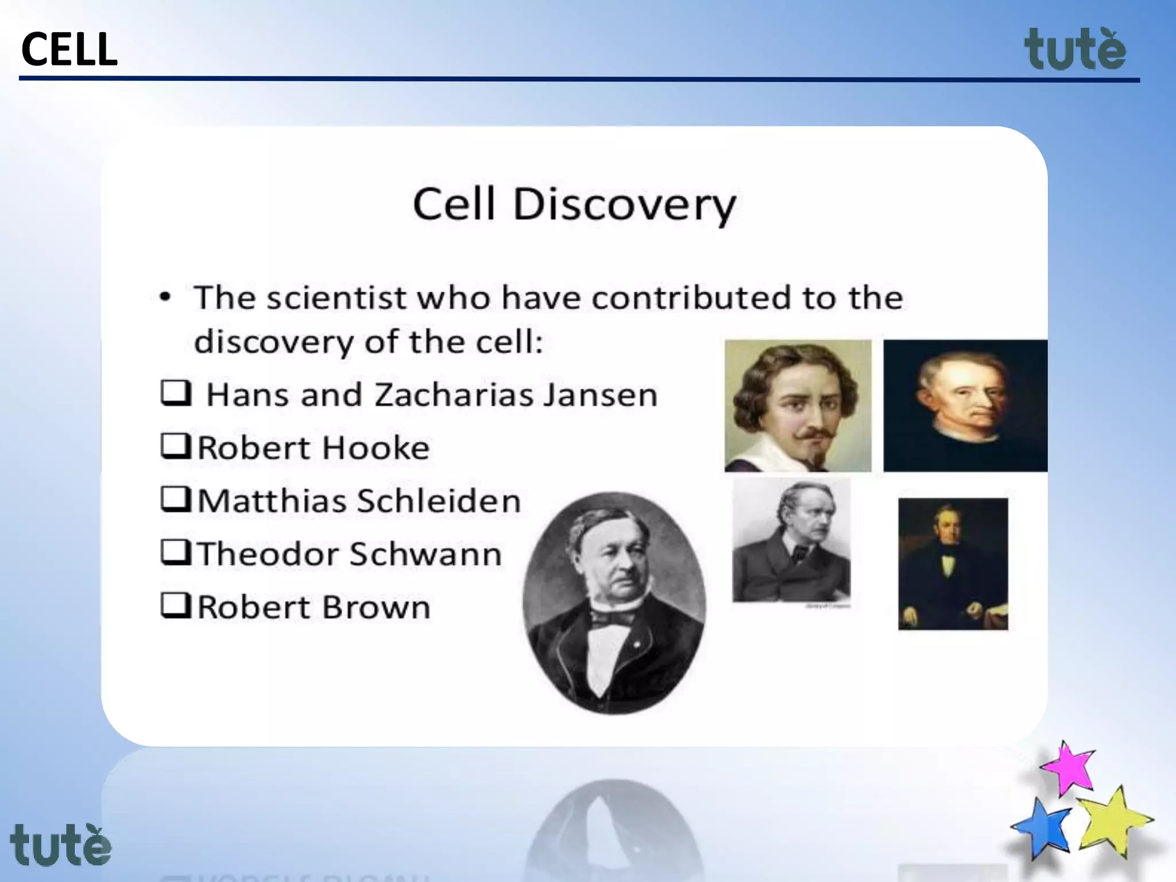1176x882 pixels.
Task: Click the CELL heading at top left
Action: (69, 49)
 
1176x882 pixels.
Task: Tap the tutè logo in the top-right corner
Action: (1075, 51)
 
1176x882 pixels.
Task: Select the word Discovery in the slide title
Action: (624, 205)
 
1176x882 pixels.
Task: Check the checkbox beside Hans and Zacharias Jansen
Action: (175, 393)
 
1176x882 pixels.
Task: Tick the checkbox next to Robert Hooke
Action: (175, 446)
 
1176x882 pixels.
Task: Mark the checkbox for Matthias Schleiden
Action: (175, 499)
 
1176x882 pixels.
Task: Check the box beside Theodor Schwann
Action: (175, 552)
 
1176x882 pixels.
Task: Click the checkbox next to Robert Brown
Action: (175, 605)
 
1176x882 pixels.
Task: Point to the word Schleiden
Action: (439, 501)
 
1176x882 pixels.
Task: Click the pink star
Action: (1068, 768)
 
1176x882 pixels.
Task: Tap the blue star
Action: (1042, 827)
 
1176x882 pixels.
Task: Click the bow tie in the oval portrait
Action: (612, 618)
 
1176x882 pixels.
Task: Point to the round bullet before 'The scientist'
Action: (165, 297)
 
